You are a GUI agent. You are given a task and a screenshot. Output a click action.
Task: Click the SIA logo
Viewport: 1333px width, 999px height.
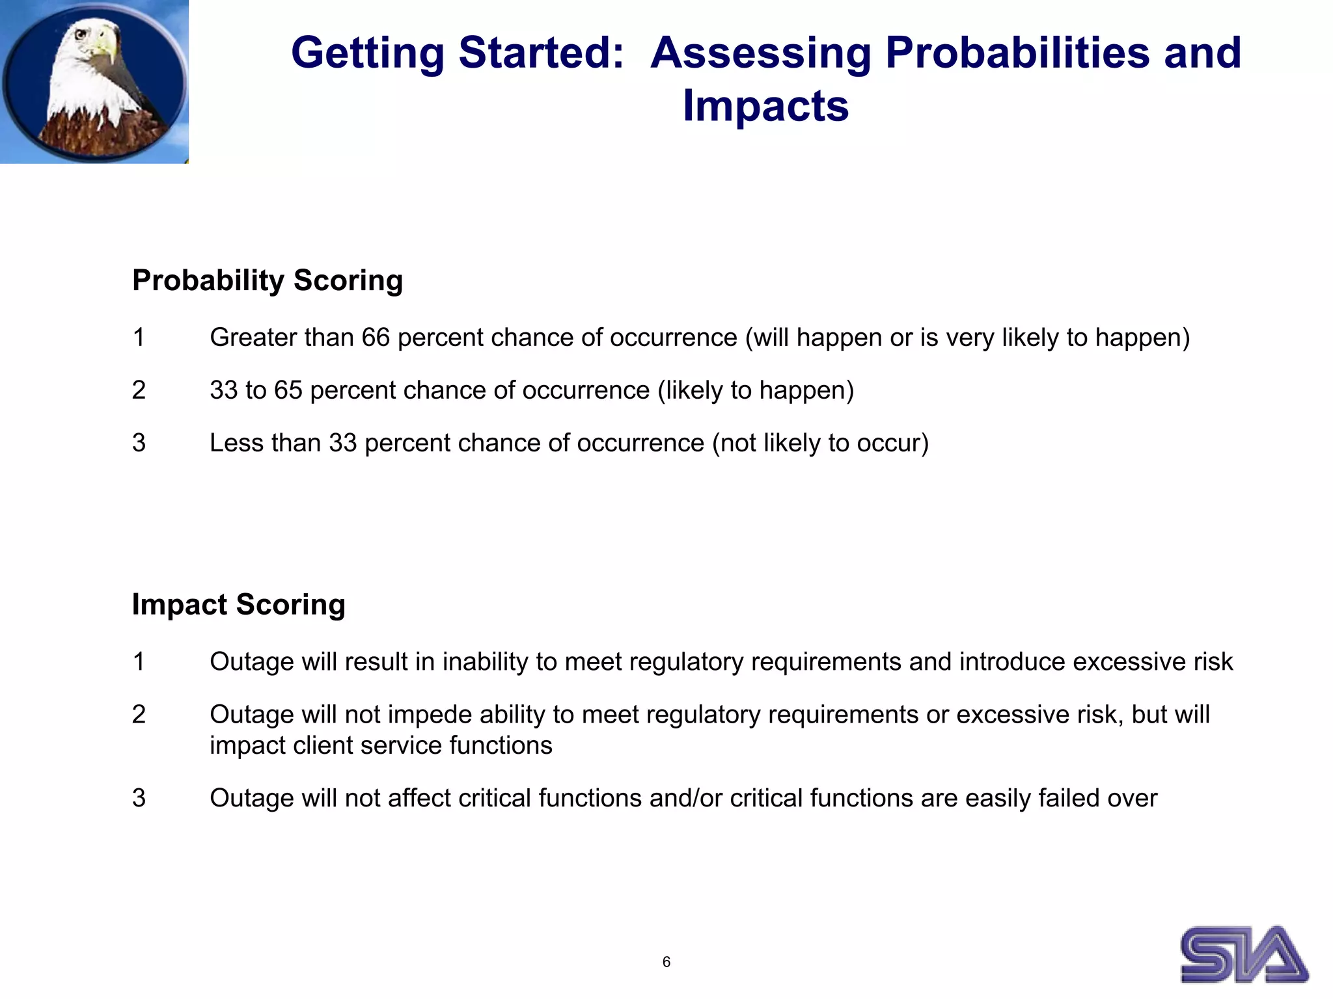(x=1244, y=954)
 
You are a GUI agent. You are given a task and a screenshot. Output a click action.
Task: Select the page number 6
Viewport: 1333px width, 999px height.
(x=666, y=962)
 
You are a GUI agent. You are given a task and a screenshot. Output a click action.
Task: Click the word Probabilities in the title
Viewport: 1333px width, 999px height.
(x=1017, y=53)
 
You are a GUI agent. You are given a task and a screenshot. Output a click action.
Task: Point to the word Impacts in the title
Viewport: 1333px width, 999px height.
(x=765, y=106)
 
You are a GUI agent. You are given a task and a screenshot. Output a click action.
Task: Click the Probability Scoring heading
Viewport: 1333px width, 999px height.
(x=268, y=281)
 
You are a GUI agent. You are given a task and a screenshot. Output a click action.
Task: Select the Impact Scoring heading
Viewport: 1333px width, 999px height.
(x=238, y=604)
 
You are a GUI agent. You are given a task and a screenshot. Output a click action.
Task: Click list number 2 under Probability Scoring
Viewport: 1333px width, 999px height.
(x=139, y=390)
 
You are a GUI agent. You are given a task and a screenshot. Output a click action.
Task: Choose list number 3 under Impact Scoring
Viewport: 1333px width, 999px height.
(x=139, y=798)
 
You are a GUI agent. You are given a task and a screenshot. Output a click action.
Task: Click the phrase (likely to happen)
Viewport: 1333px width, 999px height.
(x=755, y=390)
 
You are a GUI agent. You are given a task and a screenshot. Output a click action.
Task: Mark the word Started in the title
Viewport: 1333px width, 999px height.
(x=541, y=53)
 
